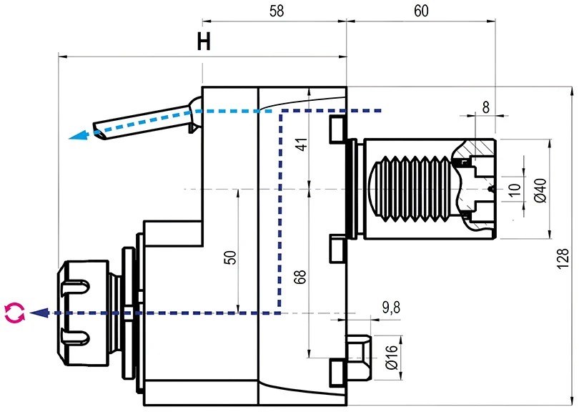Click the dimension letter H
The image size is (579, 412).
point(204,42)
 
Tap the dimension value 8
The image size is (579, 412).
point(486,107)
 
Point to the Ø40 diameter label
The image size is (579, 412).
point(540,190)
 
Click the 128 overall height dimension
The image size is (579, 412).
point(564,259)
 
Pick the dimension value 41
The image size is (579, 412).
point(301,142)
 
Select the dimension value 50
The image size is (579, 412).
point(229,257)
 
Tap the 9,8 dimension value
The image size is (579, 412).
point(392,308)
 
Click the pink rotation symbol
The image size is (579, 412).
point(14,313)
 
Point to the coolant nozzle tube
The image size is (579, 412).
point(143,122)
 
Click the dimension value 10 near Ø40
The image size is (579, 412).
point(515,189)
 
